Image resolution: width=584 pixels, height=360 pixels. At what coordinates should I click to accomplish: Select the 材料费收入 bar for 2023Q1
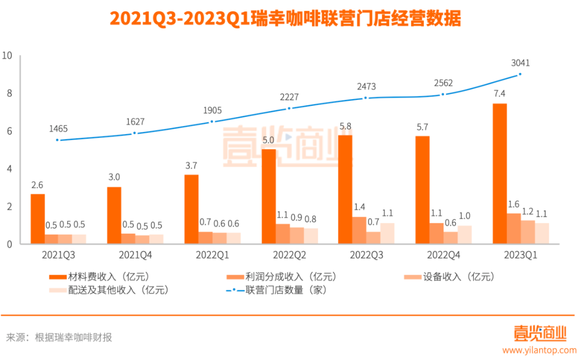pos(500,174)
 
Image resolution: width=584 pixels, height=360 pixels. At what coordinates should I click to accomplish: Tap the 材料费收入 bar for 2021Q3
pos(37,219)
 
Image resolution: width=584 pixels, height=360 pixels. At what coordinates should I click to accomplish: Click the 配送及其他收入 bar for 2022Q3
pos(387,234)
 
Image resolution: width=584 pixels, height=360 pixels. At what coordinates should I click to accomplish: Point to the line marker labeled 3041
pos(520,74)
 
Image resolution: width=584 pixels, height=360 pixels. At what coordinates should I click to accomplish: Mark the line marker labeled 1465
pos(58,140)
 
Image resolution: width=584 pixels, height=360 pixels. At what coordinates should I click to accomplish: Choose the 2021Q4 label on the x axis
pos(135,255)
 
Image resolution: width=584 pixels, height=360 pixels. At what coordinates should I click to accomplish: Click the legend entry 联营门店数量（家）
pos(276,290)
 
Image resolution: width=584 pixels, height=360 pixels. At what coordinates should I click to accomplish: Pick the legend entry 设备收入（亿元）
pos(449,277)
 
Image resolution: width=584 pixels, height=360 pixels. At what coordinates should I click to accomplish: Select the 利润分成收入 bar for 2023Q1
pos(514,229)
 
